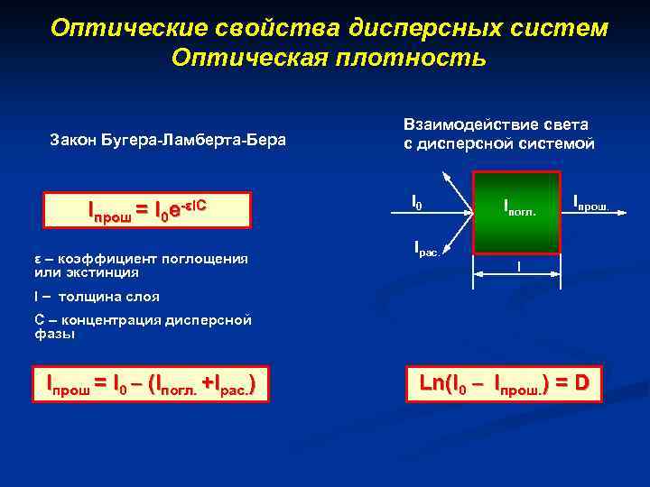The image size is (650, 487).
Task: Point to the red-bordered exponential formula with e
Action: pos(148,209)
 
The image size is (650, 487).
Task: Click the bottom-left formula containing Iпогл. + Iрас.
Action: pos(150,384)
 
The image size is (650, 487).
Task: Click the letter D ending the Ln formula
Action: pos(580,382)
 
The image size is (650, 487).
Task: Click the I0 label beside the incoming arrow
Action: pos(416,205)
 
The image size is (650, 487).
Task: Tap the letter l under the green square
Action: pos(518,266)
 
